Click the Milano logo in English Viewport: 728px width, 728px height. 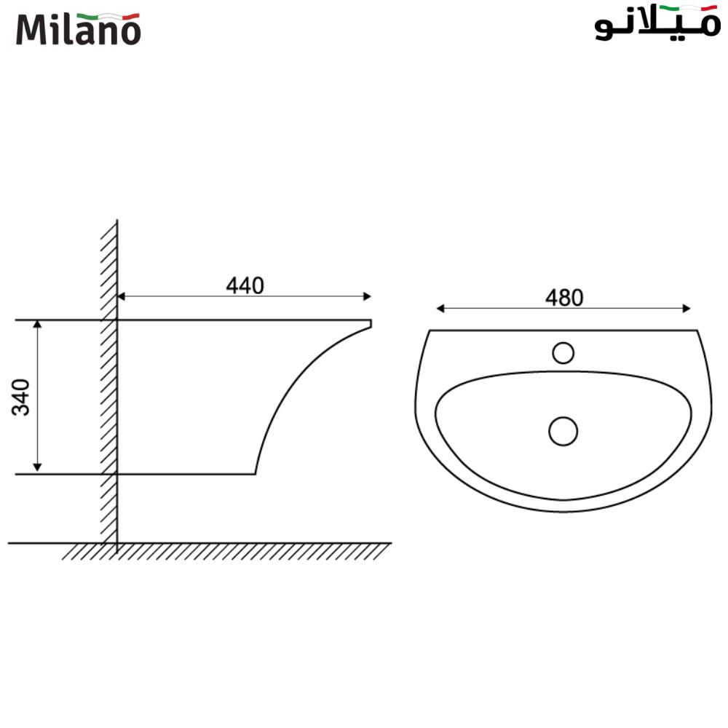coord(78,29)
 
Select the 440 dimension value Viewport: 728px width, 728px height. coord(245,286)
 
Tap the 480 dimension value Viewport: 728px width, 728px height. coord(564,298)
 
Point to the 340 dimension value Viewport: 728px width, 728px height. coord(23,397)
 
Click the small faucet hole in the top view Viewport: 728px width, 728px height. coord(563,353)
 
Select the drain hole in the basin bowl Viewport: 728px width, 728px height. coord(563,431)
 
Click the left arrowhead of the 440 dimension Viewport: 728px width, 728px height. coord(122,296)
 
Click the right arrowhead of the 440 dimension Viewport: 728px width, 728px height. coord(368,296)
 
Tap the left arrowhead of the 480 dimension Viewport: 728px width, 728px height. coord(440,309)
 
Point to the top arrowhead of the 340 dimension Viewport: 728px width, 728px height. coord(38,324)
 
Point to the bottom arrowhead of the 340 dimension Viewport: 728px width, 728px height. coord(38,469)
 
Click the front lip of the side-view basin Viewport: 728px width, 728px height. coord(371,324)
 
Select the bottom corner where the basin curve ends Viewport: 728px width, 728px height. coord(256,474)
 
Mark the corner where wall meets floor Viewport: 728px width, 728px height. coord(116,543)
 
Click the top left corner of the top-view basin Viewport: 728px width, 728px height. coord(430,331)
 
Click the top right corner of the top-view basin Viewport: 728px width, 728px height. coord(697,331)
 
